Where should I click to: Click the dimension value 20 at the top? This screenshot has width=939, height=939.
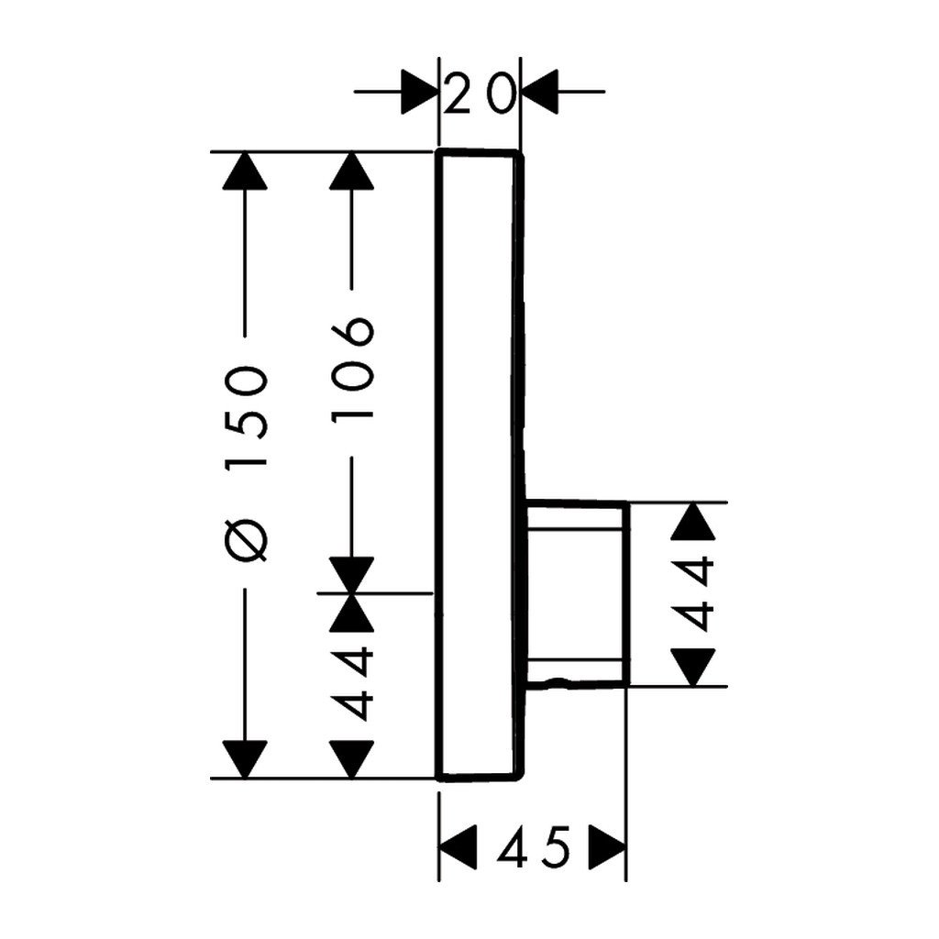480,94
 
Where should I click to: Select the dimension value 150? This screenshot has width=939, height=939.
245,416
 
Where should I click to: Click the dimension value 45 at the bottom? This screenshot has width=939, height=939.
533,848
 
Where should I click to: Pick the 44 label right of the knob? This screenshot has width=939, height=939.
693,594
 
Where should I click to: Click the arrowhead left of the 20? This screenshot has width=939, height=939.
420,92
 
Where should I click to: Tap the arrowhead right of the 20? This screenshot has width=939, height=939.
540,92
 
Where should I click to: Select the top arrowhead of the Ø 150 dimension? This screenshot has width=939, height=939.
245,171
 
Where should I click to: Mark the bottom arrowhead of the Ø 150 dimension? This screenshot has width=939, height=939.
245,759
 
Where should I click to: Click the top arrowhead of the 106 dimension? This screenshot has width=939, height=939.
352,171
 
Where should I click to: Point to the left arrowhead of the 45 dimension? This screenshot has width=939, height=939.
458,847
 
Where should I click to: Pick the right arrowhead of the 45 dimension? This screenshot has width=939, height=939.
608,847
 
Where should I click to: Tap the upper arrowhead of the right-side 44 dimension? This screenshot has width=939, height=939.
693,521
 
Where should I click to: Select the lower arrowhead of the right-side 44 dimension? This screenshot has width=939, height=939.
693,668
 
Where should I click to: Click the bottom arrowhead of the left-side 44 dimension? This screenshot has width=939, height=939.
352,759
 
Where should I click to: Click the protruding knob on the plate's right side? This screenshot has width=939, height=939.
578,594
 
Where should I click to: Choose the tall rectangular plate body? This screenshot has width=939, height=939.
479,465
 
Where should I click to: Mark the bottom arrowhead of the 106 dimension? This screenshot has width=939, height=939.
352,575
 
